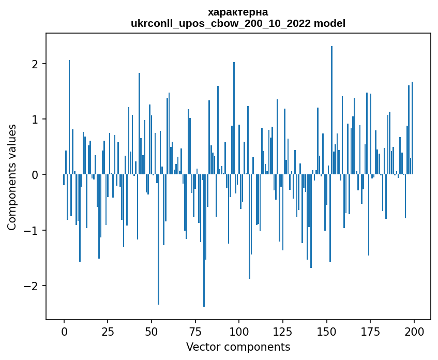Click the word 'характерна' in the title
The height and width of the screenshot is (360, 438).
238,12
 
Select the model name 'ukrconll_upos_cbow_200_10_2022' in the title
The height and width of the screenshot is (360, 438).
221,23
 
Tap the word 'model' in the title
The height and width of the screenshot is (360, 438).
329,23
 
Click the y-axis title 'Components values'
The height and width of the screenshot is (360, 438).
12,177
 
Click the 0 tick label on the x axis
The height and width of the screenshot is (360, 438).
64,332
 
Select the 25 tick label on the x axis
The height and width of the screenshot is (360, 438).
108,332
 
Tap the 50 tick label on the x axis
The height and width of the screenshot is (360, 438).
152,332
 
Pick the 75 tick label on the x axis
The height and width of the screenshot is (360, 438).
195,332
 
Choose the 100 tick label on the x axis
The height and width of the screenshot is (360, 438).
239,332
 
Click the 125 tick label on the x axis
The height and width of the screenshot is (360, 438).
283,332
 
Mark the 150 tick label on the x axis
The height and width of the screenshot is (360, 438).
326,332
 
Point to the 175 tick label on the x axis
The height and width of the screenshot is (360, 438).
370,332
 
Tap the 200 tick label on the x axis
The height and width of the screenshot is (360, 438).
414,332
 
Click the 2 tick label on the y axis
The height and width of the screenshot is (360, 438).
35,64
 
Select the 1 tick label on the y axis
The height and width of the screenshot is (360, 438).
35,119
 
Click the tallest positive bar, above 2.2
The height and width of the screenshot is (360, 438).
331,110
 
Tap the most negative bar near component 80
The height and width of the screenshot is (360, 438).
204,241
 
